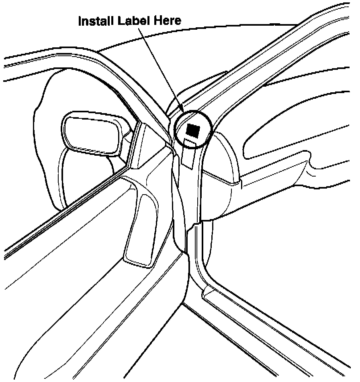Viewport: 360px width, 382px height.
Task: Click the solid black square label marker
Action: [193, 130]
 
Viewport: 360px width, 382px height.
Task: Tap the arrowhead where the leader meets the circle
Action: [182, 111]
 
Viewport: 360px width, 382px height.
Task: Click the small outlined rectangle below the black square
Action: [189, 152]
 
